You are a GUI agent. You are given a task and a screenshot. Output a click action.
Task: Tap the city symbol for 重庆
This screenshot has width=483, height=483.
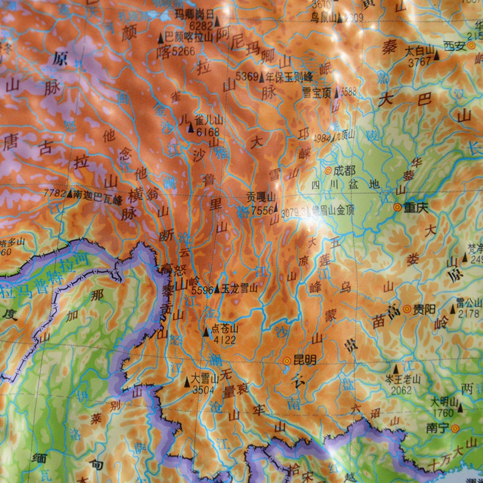(397, 207)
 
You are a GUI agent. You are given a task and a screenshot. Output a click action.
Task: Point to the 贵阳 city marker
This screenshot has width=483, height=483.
(407, 309)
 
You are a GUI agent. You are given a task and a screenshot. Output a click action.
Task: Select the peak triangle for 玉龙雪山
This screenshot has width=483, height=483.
(217, 289)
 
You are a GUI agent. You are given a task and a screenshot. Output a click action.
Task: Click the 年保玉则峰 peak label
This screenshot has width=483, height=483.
(291, 77)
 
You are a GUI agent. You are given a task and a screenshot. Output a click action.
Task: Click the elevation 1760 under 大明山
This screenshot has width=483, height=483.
(443, 413)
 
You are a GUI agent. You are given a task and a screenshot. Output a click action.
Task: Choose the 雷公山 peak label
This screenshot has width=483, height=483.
(469, 302)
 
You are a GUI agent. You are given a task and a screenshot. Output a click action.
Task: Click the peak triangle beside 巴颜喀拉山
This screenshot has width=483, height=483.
(161, 37)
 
